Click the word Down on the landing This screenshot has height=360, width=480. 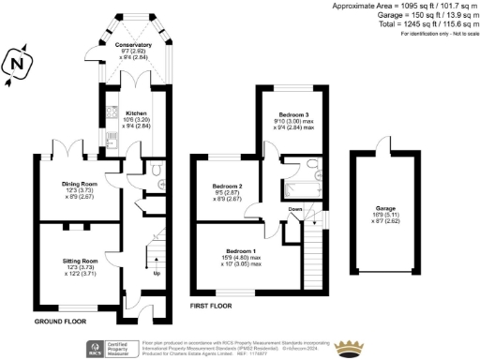pos(294,209)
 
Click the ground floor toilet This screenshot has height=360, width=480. pos(156,173)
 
